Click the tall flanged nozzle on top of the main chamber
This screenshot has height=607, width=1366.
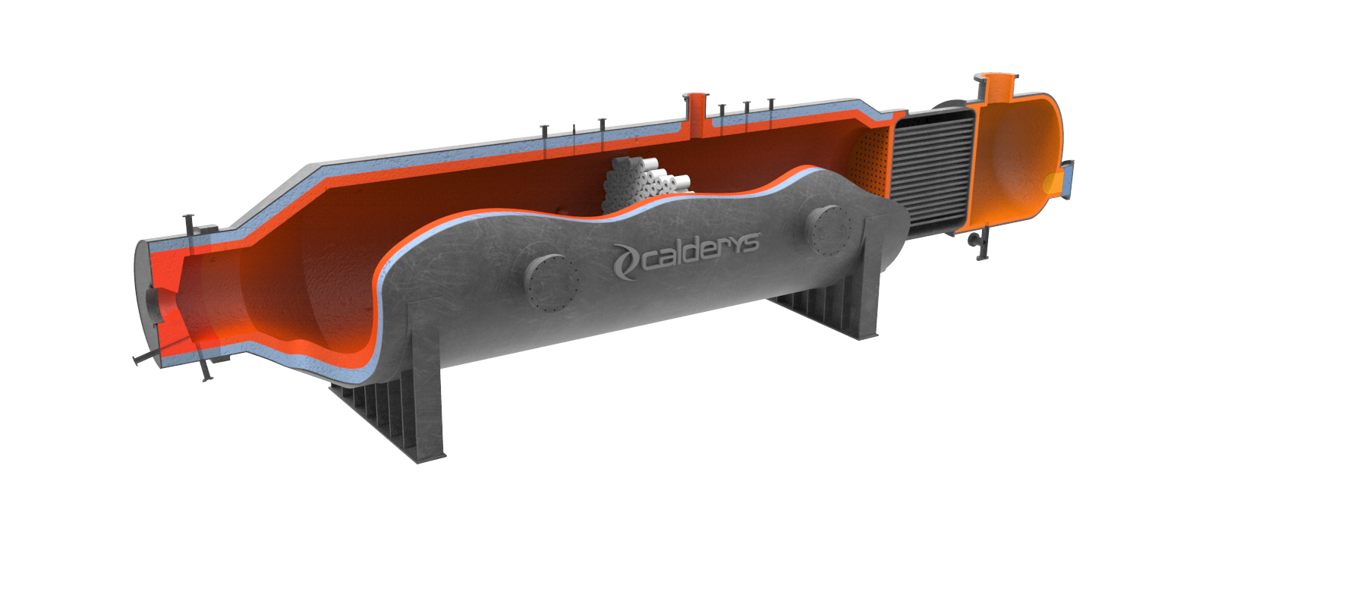click(x=695, y=106)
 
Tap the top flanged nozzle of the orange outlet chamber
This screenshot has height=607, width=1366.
click(x=996, y=84)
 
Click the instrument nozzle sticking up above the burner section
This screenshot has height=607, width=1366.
click(x=190, y=227)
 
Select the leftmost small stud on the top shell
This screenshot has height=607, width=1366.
click(x=544, y=133)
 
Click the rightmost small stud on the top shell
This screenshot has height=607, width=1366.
click(x=771, y=106)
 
